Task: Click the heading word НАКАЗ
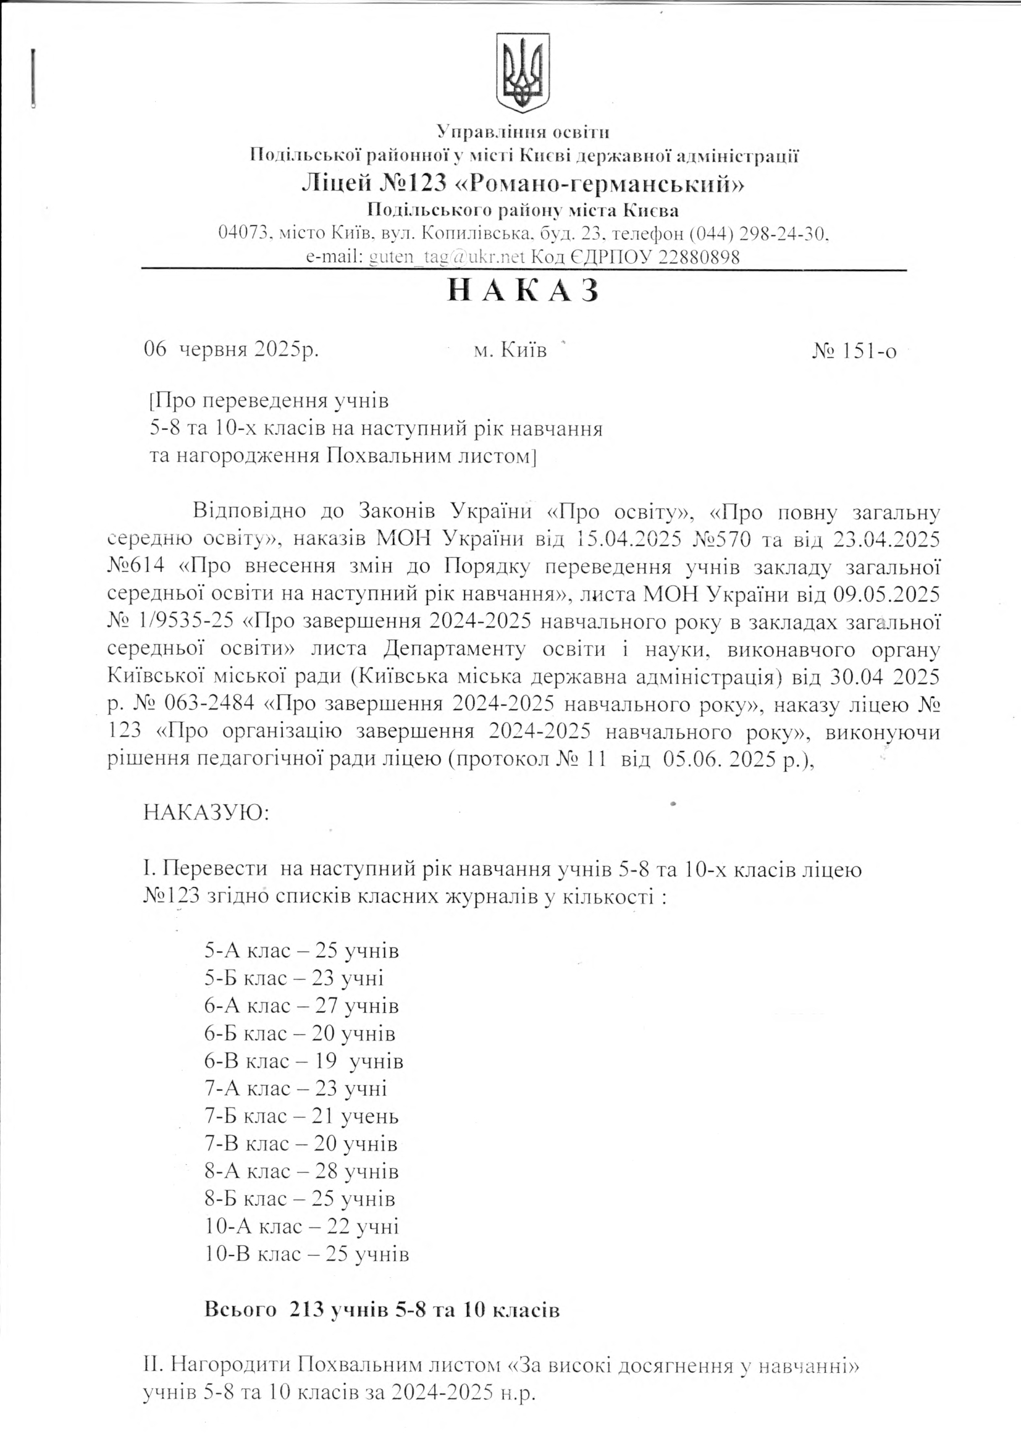coord(522,291)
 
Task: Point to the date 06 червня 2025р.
coord(232,349)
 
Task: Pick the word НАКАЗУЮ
coord(206,812)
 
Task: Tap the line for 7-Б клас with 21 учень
coord(301,1116)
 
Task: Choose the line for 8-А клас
coord(301,1171)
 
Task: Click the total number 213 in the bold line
coord(306,1310)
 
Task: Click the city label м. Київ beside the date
coord(510,350)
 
